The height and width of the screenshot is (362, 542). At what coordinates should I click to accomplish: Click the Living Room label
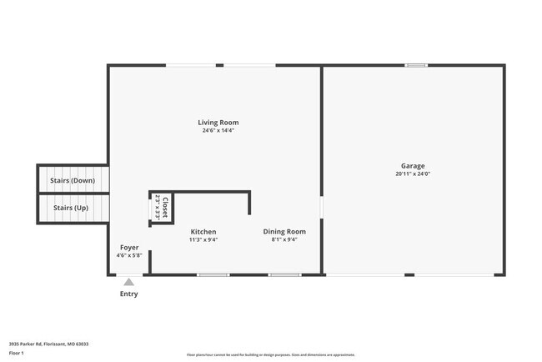click(x=218, y=123)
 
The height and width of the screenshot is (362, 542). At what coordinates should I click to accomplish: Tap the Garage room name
click(x=412, y=166)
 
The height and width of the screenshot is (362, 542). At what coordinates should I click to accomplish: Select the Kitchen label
click(x=203, y=232)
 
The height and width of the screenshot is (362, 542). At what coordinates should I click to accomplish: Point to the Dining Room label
click(x=284, y=232)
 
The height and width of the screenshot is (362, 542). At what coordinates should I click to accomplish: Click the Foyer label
click(x=129, y=248)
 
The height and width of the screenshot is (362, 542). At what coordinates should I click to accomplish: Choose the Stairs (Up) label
click(x=71, y=208)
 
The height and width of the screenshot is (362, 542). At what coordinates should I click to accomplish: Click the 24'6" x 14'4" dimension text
click(x=218, y=131)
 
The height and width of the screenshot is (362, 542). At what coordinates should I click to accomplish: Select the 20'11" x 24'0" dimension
click(x=412, y=174)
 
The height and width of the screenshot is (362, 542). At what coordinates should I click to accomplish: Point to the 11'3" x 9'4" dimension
click(x=203, y=240)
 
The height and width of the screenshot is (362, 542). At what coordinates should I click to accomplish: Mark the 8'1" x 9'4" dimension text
click(x=284, y=240)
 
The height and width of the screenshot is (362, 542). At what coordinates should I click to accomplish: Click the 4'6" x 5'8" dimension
click(x=129, y=255)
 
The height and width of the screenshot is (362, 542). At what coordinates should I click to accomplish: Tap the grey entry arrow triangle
click(x=128, y=282)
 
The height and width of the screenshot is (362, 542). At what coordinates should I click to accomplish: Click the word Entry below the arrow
click(x=129, y=294)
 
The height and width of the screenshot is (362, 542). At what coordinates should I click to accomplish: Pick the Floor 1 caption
click(x=17, y=353)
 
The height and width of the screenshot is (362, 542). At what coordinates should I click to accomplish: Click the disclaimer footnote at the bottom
click(x=270, y=354)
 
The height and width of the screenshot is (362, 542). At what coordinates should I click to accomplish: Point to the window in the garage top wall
click(x=415, y=65)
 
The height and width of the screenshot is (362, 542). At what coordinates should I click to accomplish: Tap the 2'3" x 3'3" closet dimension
click(x=158, y=207)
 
